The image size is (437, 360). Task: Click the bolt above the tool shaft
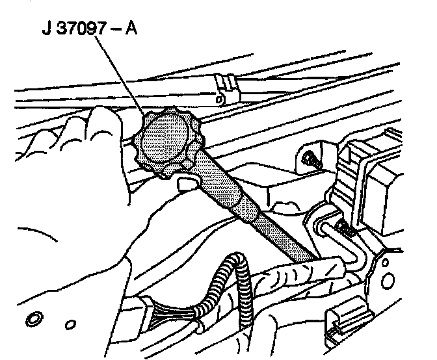(x=310, y=158)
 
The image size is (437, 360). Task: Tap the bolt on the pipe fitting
(x=345, y=228)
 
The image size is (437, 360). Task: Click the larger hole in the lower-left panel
(x=31, y=320)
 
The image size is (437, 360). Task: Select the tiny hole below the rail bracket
(x=220, y=99)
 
